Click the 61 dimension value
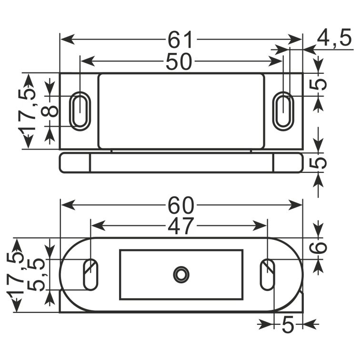tap(180, 40)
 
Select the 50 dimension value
tap(179, 61)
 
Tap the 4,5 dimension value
tap(334, 37)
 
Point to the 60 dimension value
tap(181, 205)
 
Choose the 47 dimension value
tap(180, 226)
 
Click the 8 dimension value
tap(50, 111)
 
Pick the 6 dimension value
tap(318, 248)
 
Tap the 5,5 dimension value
tap(36, 275)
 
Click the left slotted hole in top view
tap(80, 111)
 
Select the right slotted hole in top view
tap(283, 111)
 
